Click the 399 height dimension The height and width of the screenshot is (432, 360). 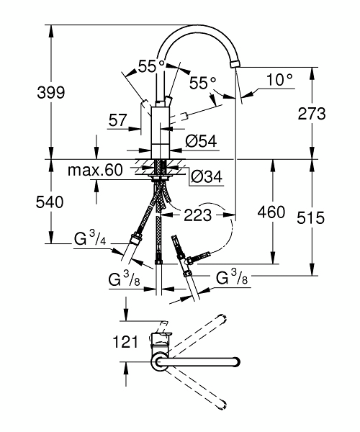(x=51, y=93)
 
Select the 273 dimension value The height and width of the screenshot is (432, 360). (x=312, y=114)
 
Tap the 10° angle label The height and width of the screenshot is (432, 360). (x=279, y=80)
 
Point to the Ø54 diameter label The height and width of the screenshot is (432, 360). (x=202, y=141)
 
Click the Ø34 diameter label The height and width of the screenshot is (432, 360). (x=207, y=176)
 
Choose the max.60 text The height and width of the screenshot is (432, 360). (x=95, y=170)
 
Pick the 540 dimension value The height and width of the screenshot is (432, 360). (x=50, y=202)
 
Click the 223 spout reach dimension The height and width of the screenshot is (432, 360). (x=198, y=215)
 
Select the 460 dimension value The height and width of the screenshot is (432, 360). (x=271, y=212)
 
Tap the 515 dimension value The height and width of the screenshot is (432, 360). (x=311, y=218)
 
